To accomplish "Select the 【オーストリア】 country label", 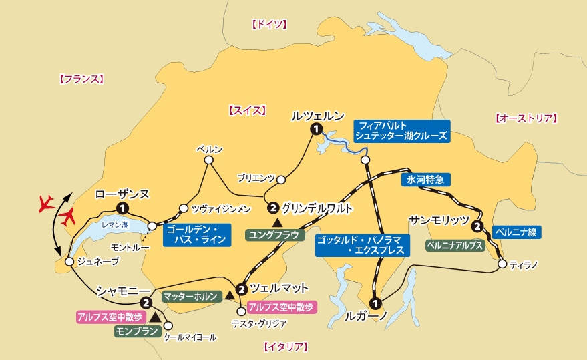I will click(x=526, y=119).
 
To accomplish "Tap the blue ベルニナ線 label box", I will click(x=516, y=232).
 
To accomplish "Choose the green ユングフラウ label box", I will click(x=274, y=234).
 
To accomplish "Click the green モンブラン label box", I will click(x=137, y=331).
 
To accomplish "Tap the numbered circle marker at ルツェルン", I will click(x=316, y=129).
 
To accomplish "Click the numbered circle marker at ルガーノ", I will click(x=375, y=302).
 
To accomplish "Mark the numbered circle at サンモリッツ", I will click(x=477, y=226).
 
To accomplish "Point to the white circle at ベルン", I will click(x=209, y=160).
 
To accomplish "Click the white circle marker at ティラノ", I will click(x=502, y=264).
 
